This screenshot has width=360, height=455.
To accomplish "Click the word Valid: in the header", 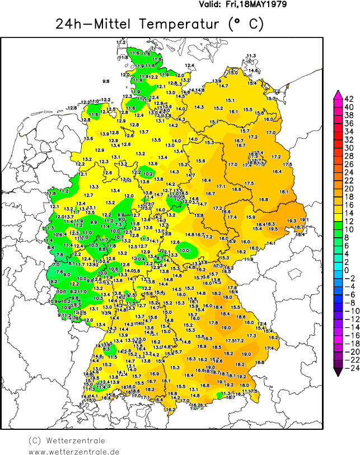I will tap(211, 4).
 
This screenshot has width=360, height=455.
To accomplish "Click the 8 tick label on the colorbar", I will tap(346, 237).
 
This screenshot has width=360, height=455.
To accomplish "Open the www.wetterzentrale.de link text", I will tap(74, 451).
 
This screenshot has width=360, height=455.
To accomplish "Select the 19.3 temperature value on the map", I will tap(291, 221).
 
